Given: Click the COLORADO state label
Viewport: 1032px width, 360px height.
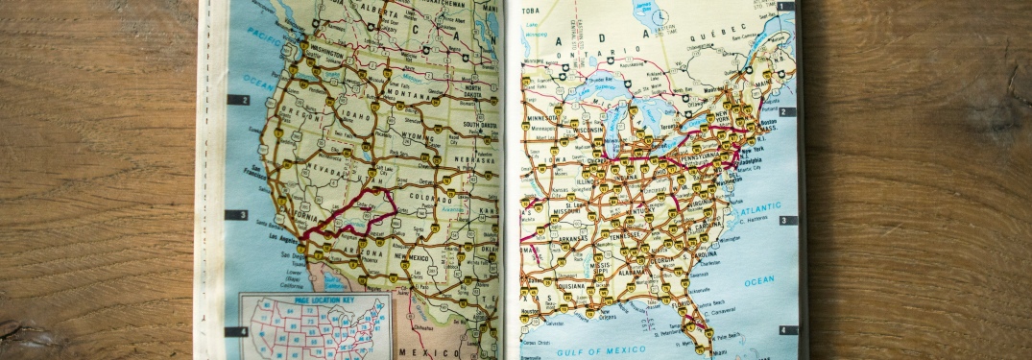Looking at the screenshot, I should pyautogui.click(x=433, y=199).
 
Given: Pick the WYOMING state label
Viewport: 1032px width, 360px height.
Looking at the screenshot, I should pyautogui.click(x=416, y=135).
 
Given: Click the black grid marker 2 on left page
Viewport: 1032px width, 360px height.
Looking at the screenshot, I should pyautogui.click(x=237, y=100).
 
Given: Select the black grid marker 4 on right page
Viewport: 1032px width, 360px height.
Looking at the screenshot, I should pyautogui.click(x=787, y=330).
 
